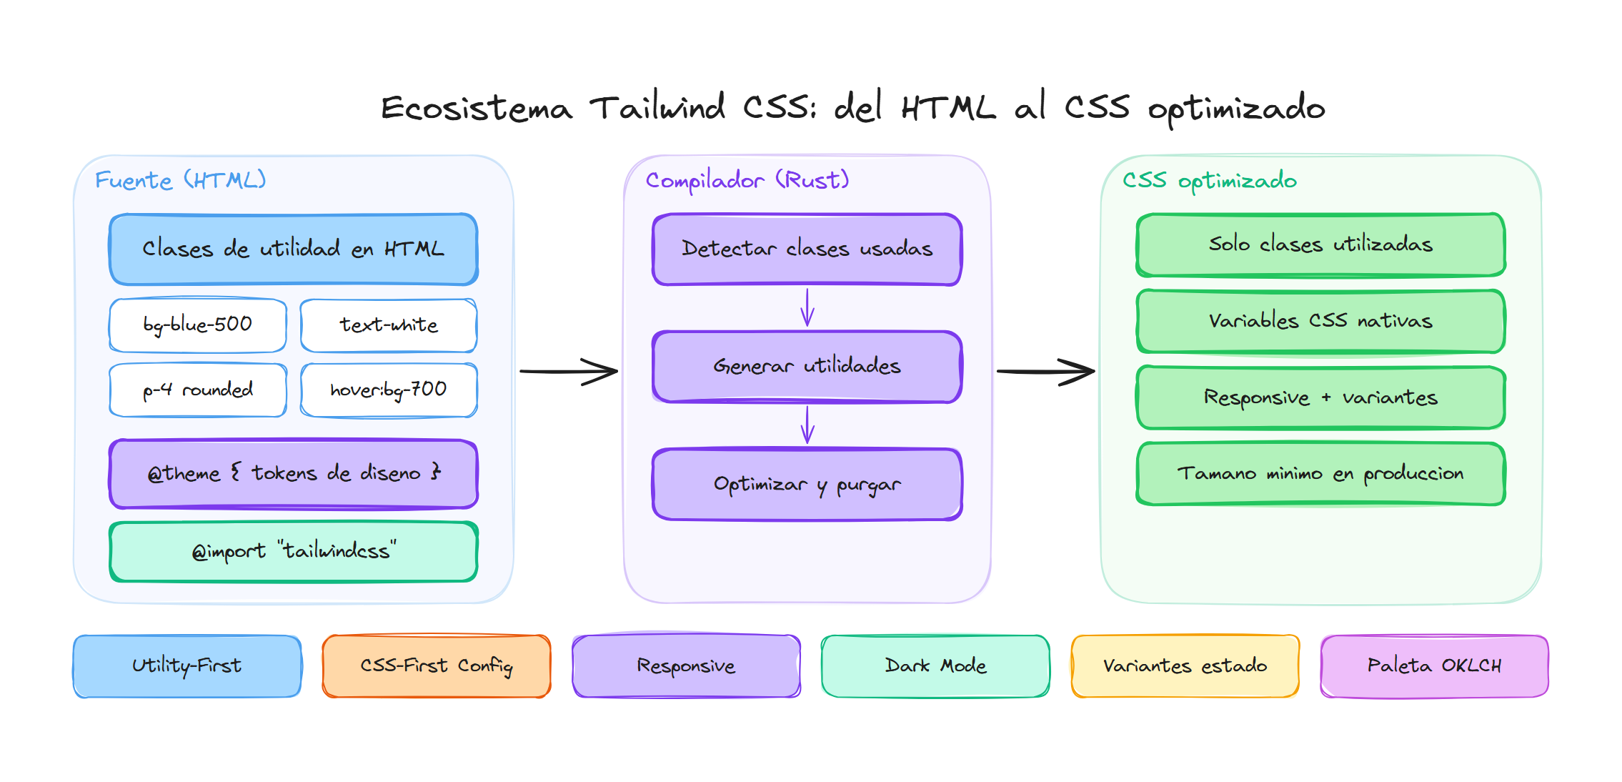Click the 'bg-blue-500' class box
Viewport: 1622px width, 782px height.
(198, 325)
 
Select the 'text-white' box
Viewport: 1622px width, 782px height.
(389, 325)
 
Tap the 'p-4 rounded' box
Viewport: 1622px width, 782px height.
(198, 390)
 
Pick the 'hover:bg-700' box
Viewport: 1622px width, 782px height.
(389, 390)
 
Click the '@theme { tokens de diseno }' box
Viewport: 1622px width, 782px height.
(294, 473)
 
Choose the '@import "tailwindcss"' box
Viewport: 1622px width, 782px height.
(294, 551)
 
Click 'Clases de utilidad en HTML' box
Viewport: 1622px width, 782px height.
(294, 249)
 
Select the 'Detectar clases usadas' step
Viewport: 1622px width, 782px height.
(807, 249)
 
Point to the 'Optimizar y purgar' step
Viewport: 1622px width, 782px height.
(807, 484)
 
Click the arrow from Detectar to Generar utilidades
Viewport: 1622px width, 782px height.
(807, 307)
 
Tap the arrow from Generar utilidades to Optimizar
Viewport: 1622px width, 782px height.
(807, 425)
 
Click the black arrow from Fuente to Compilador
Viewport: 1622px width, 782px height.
(568, 372)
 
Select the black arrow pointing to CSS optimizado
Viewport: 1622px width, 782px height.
(1045, 372)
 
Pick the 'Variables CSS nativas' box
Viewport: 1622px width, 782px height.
(1320, 321)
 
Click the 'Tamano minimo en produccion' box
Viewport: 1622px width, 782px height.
(1320, 473)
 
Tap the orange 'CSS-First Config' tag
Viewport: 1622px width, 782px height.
(437, 665)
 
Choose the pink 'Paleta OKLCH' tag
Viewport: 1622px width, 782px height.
(1434, 665)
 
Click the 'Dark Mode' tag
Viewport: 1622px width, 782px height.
(935, 665)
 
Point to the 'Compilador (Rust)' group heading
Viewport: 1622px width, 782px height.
(747, 180)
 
